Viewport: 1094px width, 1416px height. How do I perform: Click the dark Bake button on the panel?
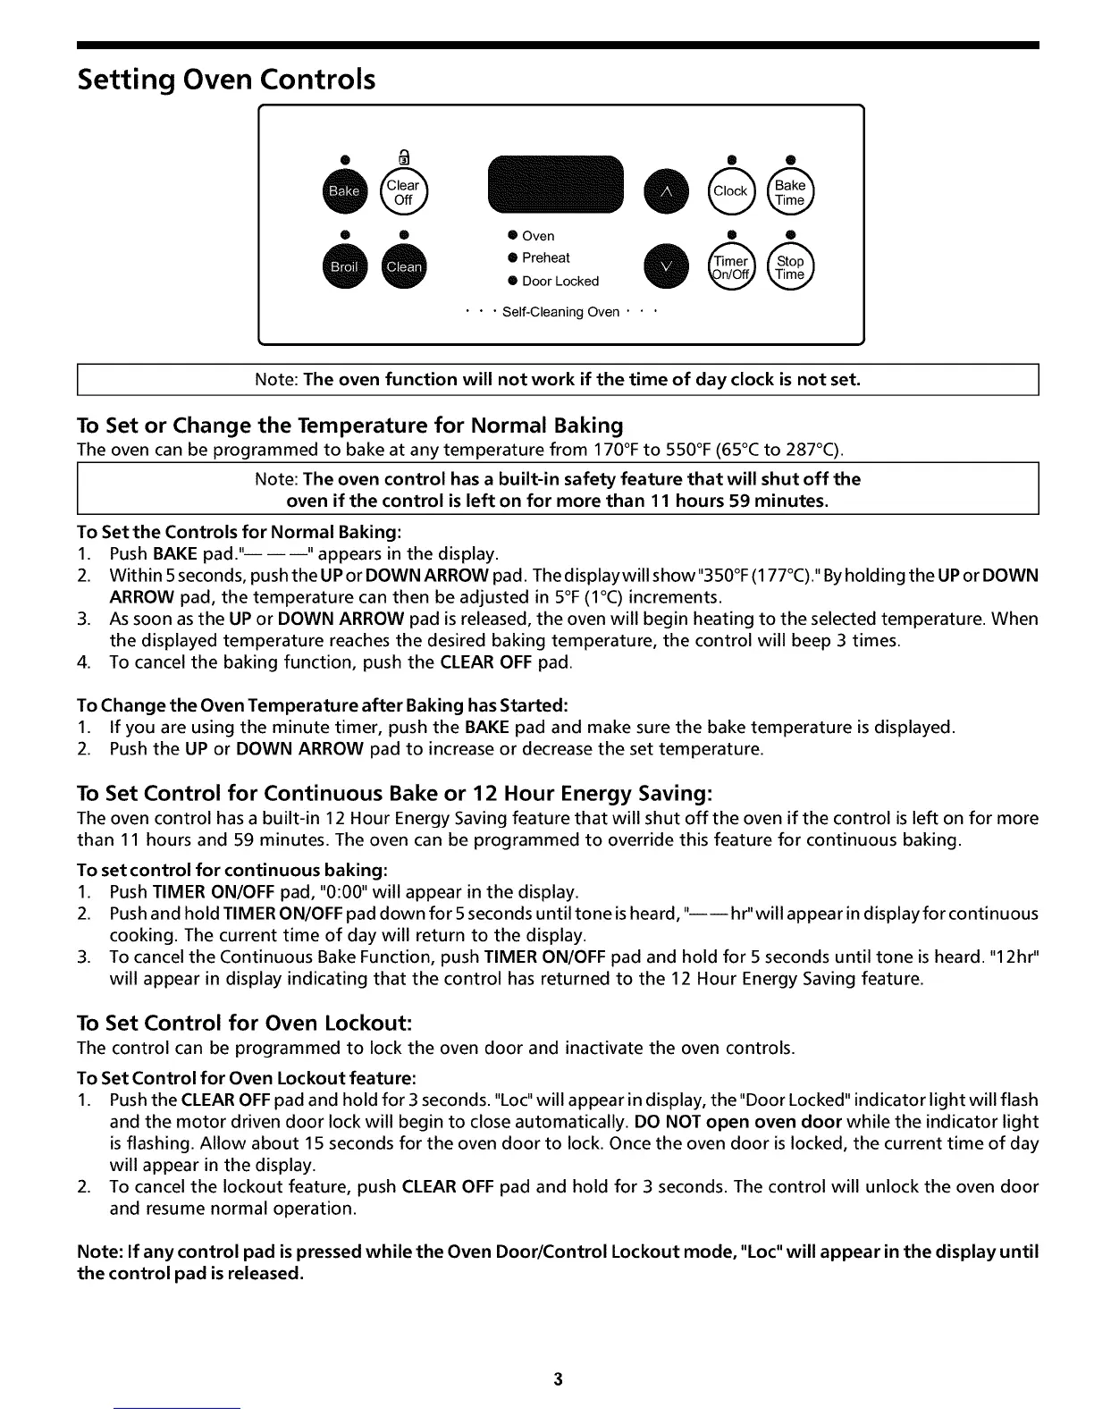[x=344, y=191]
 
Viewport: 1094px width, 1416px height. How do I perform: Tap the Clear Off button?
[x=403, y=192]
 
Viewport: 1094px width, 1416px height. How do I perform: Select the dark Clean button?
[x=404, y=266]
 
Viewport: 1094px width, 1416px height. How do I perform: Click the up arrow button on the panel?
[x=668, y=191]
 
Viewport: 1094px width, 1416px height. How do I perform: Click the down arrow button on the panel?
[x=668, y=266]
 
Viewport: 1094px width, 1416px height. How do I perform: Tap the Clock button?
[x=730, y=191]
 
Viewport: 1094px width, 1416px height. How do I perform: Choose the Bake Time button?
[x=790, y=192]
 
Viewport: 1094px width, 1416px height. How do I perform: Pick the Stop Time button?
[x=790, y=267]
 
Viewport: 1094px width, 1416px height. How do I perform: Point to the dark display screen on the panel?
[x=554, y=186]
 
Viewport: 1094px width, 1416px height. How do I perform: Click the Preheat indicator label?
[x=545, y=258]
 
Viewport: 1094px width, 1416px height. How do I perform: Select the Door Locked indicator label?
[x=560, y=282]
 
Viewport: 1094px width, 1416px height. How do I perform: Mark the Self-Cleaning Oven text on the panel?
[x=560, y=312]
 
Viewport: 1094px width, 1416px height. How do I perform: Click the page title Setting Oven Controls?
[x=226, y=80]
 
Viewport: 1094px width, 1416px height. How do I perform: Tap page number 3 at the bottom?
[x=558, y=1379]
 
